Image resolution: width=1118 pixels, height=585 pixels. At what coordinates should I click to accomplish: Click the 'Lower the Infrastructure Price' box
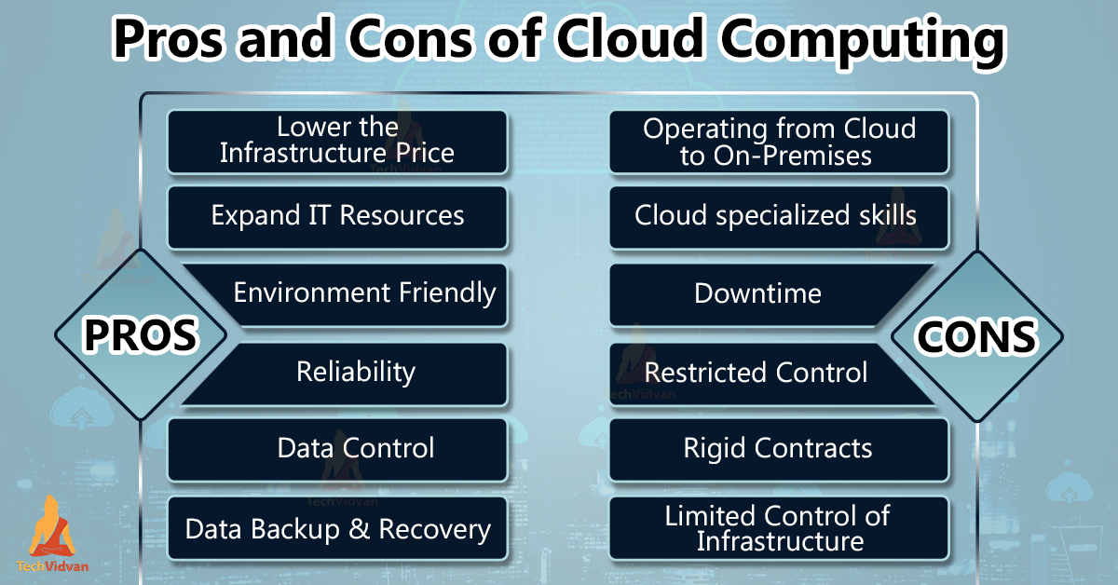(337, 141)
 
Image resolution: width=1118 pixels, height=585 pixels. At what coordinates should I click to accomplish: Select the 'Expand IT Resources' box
(337, 216)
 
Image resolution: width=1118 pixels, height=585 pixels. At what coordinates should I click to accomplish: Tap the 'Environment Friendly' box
(363, 294)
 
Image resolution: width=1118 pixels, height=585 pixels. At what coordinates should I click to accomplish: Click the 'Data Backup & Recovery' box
(337, 530)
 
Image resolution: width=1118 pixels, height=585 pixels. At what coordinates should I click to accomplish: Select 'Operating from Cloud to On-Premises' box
(779, 141)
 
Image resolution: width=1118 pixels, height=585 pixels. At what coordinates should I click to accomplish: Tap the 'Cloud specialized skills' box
(779, 216)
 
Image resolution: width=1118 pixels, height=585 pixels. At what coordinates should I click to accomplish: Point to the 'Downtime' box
(758, 294)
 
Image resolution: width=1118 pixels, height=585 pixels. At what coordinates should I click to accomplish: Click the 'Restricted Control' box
(757, 373)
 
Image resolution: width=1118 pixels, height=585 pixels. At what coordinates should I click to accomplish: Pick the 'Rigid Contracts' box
(779, 449)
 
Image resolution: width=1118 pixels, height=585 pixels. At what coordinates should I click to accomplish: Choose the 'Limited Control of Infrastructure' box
(779, 528)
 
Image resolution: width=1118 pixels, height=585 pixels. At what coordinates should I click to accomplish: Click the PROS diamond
(141, 334)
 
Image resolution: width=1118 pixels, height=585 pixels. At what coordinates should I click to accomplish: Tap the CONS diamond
(976, 336)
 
